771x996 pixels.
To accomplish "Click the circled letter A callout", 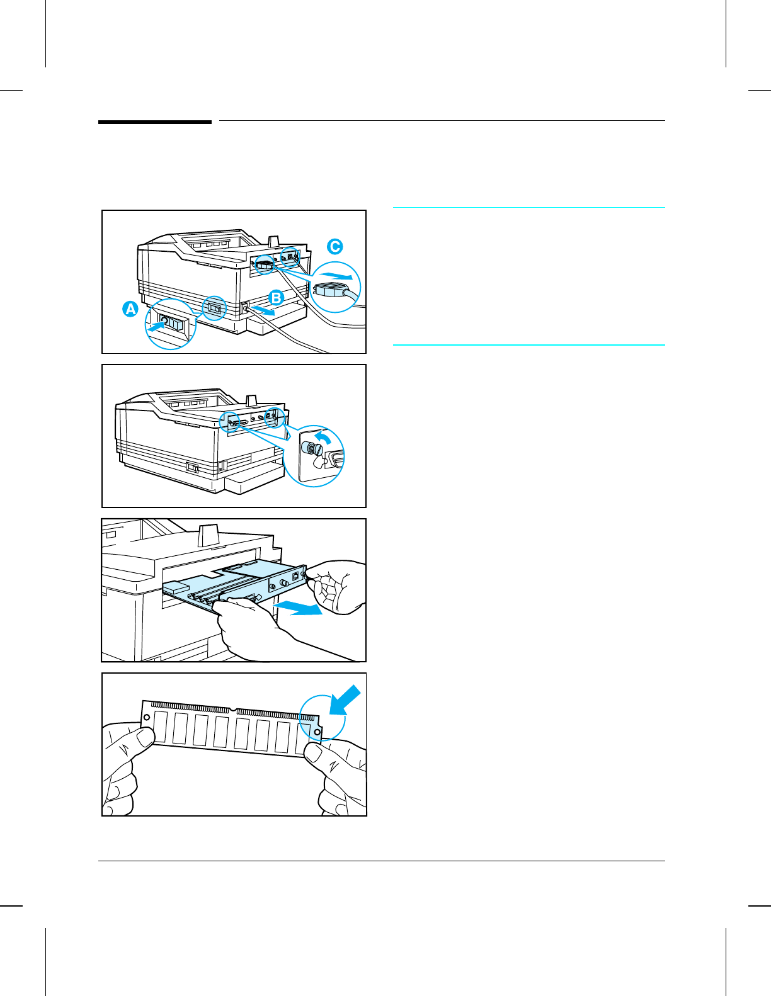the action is (130, 309).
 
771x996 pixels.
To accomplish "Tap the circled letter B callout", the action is (276, 297).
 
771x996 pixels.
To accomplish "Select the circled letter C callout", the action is (335, 247).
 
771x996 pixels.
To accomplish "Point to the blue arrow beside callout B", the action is (262, 310).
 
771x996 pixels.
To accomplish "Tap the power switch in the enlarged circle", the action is (171, 324).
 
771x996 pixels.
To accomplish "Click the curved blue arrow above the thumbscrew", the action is (323, 436).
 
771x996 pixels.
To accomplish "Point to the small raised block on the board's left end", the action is (176, 589).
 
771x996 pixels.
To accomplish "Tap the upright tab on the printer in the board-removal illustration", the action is (208, 536).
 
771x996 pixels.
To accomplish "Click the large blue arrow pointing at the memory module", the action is (345, 700).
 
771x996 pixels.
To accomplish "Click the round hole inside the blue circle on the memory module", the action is (317, 732).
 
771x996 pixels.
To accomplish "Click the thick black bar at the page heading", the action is (155, 122).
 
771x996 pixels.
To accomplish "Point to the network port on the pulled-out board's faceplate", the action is (295, 576).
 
